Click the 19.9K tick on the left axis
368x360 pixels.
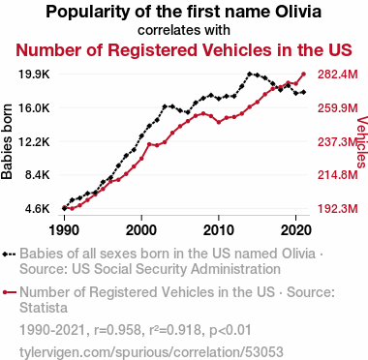coord(34,75)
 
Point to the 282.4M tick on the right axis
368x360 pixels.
coord(338,75)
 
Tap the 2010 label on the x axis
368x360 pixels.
coord(219,230)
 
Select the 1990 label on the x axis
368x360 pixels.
coord(64,230)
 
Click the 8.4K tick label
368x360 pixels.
coord(38,175)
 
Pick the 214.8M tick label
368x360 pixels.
coord(338,175)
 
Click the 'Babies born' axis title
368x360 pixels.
coord(7,141)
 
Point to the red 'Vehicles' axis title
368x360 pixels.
coord(362,142)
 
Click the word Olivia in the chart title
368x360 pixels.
coord(298,12)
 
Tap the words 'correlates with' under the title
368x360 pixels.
coord(184,30)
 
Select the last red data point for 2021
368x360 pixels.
coord(303,75)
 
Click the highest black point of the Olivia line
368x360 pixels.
coord(250,74)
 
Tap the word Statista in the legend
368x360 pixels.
coord(44,308)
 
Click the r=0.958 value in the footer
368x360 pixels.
coord(117,330)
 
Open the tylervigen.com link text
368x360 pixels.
coord(151,352)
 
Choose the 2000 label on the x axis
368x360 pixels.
coord(141,230)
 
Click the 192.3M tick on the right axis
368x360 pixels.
coord(338,209)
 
